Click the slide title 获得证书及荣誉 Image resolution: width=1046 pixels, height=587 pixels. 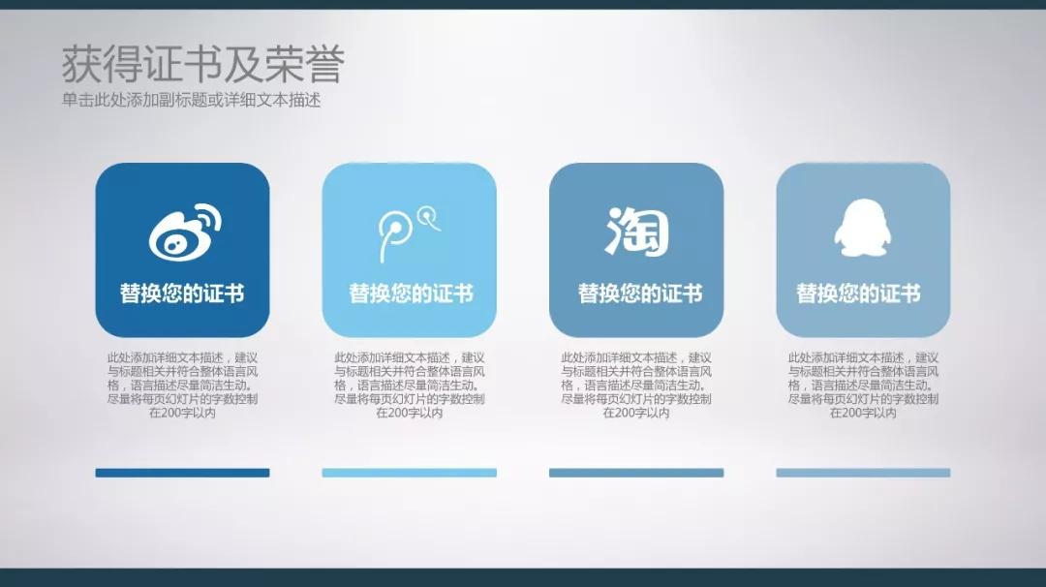coord(202,65)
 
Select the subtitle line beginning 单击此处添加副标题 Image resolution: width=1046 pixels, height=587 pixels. coord(191,100)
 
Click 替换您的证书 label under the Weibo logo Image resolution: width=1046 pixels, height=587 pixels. coord(182,293)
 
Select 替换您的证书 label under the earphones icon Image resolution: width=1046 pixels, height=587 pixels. coord(411,293)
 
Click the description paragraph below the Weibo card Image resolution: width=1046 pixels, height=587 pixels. coord(182,385)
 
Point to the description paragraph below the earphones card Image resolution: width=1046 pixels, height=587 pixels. coord(409,385)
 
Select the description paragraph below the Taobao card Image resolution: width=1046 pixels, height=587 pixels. coord(636,385)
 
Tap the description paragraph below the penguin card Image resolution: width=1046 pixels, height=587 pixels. coord(863,385)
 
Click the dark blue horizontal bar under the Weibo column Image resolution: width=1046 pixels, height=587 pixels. coord(182,473)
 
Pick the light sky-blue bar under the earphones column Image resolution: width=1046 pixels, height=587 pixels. coord(409,473)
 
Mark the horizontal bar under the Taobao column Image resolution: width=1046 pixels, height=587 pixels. coord(636,473)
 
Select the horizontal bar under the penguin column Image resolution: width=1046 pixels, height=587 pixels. coord(863,473)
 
